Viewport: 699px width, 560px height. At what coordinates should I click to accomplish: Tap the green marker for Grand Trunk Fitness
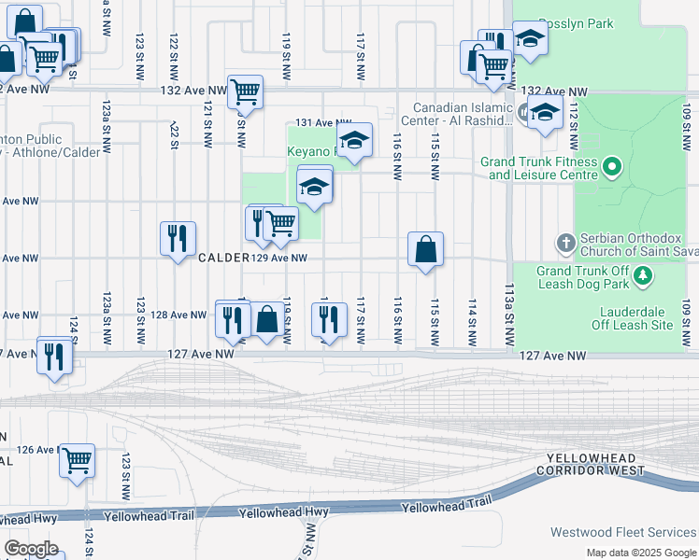[x=612, y=168]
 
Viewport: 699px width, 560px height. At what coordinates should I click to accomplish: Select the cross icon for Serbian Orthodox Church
[x=564, y=244]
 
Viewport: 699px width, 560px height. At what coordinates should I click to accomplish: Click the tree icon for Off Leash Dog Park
[x=642, y=276]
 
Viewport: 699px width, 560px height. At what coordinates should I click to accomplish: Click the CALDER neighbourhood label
[x=222, y=258]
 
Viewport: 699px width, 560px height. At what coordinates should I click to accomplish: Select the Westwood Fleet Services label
[x=636, y=532]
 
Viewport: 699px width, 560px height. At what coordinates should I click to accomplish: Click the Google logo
[x=31, y=548]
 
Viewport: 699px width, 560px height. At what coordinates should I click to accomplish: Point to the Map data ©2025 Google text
[x=641, y=553]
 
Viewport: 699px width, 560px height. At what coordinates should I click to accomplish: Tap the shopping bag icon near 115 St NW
[x=425, y=249]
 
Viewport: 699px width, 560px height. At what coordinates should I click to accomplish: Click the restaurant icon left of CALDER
[x=177, y=239]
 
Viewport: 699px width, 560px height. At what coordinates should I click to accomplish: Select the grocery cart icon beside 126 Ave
[x=78, y=459]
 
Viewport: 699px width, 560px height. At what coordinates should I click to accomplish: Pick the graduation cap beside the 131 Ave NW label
[x=354, y=141]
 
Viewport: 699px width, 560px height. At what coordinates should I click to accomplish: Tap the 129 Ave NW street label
[x=279, y=258]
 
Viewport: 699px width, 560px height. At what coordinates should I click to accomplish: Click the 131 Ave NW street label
[x=322, y=123]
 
